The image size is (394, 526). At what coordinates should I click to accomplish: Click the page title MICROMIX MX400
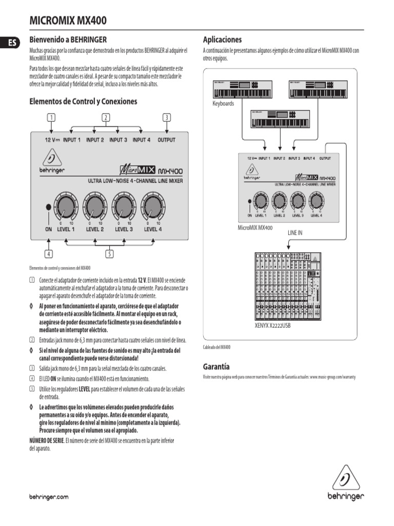(68, 20)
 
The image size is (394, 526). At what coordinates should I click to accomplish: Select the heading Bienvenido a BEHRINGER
(68, 39)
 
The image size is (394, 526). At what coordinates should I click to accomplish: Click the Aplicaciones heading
(222, 40)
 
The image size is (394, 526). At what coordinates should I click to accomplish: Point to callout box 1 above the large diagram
(51, 118)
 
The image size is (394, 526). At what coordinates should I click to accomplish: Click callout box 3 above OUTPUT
(166, 118)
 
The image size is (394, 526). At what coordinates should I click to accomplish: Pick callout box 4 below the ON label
(49, 253)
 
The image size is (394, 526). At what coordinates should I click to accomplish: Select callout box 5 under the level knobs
(109, 253)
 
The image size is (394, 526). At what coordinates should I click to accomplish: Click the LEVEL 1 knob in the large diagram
(65, 206)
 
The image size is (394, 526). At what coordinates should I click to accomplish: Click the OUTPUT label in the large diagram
(166, 140)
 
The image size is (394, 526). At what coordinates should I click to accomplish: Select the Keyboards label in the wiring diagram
(223, 103)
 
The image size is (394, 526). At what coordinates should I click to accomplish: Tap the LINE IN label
(294, 233)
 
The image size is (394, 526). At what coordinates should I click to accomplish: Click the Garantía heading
(216, 367)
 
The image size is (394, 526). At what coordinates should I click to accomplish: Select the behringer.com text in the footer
(49, 497)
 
